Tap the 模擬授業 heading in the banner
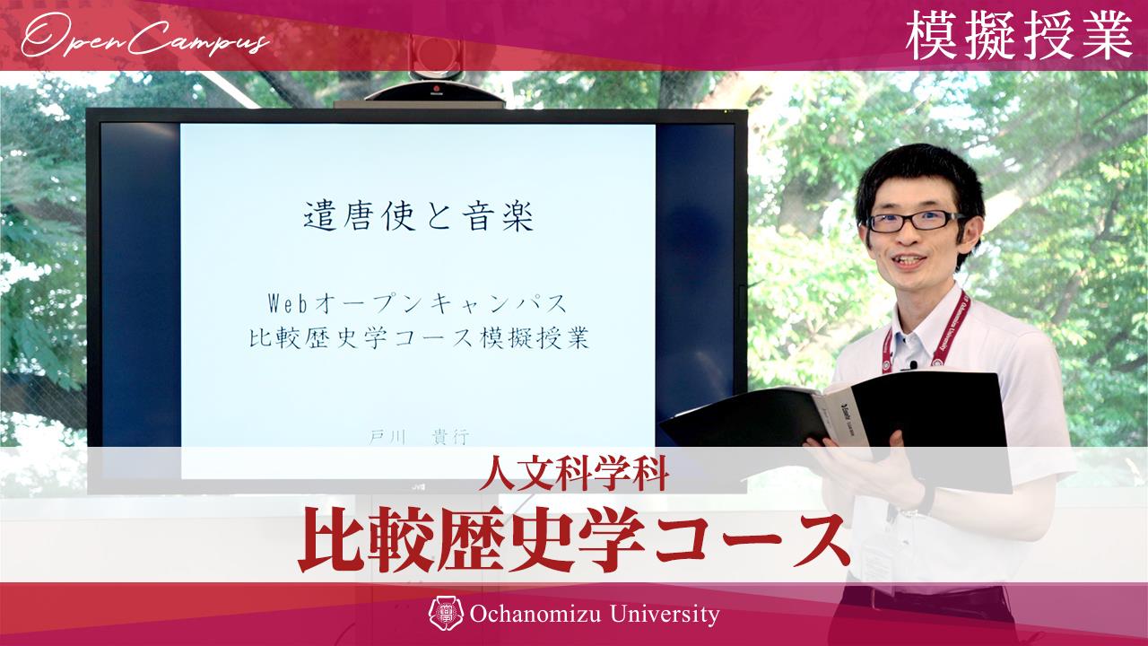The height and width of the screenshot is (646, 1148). [1019, 38]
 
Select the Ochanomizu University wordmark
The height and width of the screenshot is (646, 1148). [595, 615]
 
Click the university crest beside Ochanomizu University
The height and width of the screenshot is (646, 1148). [446, 615]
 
